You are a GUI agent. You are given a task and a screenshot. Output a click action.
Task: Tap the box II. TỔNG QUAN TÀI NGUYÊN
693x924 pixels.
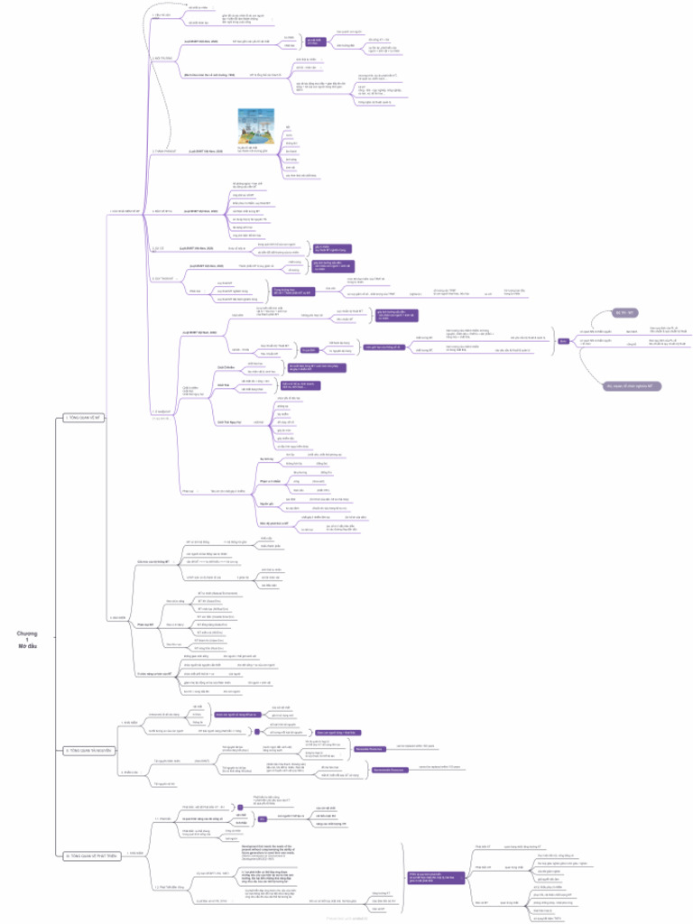pos(88,750)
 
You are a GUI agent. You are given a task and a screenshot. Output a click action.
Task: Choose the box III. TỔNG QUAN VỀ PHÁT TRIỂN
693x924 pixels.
pos(93,855)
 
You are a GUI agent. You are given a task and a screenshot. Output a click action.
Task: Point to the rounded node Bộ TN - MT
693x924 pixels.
pos(625,312)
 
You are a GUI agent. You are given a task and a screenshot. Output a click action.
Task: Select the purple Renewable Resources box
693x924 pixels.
pos(365,749)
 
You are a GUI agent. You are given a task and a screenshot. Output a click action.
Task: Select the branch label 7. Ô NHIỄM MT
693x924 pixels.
pos(163,411)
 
